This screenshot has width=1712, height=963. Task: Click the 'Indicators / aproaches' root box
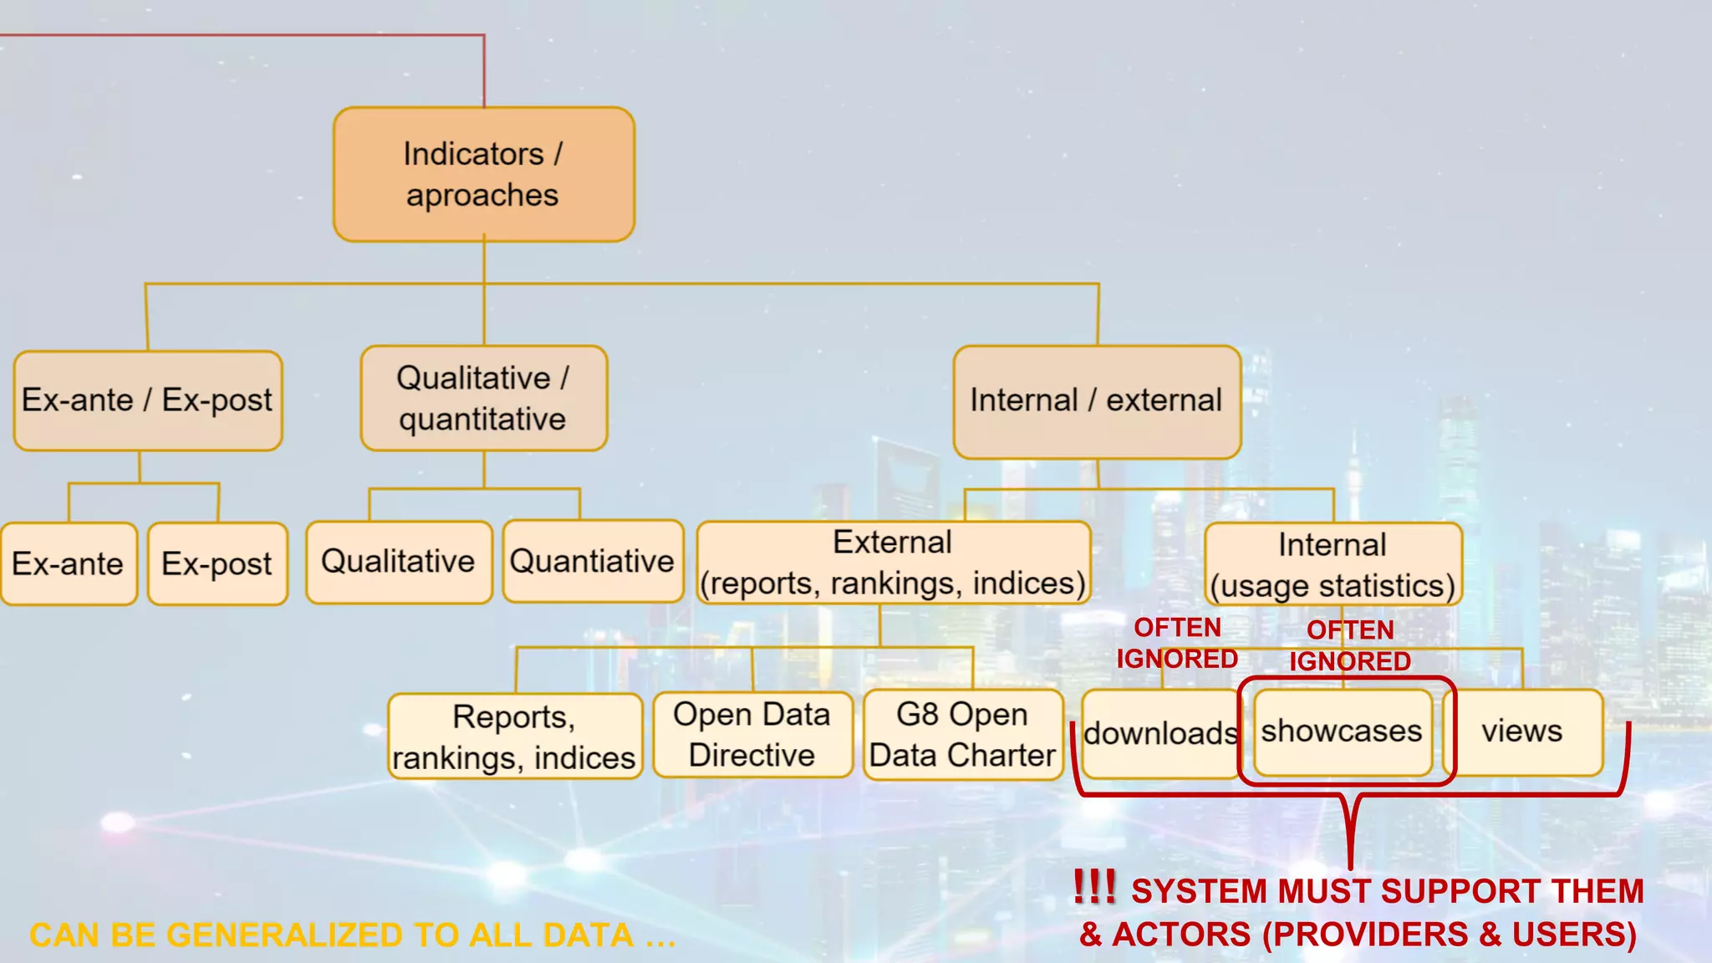coord(483,174)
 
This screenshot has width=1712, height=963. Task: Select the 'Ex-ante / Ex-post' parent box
coord(147,400)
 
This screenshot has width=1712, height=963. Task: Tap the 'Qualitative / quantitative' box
coord(483,398)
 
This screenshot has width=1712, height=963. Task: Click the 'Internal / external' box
coord(1096,401)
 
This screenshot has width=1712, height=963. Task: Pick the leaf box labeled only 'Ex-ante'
coord(69,564)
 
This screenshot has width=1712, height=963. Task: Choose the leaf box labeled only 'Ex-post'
coord(217,564)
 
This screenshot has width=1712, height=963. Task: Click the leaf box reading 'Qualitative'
coord(398,562)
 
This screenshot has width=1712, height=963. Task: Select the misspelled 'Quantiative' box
coord(592,562)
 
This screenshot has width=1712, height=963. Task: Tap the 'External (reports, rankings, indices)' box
coord(893,563)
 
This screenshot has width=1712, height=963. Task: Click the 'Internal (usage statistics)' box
coord(1332,565)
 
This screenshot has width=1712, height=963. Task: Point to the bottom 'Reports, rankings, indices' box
coord(514,736)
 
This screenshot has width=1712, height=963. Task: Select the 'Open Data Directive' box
coord(752,735)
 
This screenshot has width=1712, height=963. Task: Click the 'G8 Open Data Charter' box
coord(962,735)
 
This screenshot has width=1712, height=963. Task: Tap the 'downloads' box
coord(1160,734)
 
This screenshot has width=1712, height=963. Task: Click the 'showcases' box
coord(1342,731)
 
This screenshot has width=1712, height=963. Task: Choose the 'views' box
coord(1522,731)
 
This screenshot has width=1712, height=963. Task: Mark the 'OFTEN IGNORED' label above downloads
coord(1177,643)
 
